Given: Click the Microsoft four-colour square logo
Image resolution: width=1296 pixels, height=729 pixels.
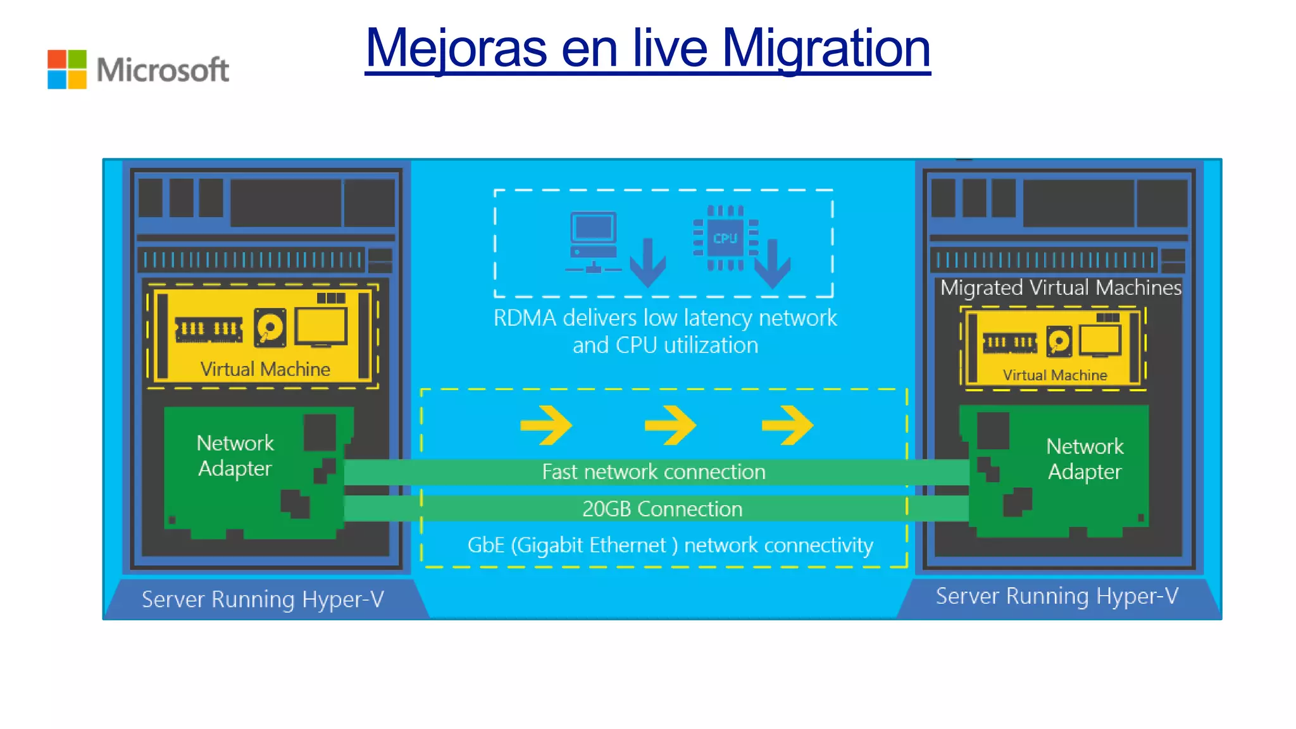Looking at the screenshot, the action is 67,70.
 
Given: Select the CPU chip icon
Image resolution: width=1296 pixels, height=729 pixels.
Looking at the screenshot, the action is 725,239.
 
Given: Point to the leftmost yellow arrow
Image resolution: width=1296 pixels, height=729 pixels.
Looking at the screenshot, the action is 546,425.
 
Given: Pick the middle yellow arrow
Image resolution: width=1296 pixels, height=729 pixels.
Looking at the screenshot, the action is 670,425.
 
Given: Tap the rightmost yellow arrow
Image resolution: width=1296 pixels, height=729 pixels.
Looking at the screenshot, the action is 787,425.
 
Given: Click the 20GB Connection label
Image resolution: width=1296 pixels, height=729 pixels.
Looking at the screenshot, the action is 662,509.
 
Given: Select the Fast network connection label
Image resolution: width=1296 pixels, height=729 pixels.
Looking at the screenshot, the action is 654,472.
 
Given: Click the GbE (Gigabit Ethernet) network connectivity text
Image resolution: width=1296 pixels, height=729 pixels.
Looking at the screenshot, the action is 670,545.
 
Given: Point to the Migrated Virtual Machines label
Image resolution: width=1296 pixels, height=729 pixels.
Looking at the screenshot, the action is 1061,288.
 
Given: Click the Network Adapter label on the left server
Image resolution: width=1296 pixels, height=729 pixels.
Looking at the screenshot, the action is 235,456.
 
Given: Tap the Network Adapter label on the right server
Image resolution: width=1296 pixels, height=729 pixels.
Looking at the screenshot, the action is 1085,459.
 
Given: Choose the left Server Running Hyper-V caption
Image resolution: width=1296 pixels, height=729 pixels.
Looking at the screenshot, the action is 263,599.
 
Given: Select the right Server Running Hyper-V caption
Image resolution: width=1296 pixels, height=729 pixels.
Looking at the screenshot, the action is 1057,596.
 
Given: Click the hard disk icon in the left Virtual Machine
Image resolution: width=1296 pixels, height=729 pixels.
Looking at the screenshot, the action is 270,328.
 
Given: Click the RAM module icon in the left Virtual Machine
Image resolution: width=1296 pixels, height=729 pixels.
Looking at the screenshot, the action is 209,329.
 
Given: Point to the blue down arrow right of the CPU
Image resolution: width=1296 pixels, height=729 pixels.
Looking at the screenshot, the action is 772,263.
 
